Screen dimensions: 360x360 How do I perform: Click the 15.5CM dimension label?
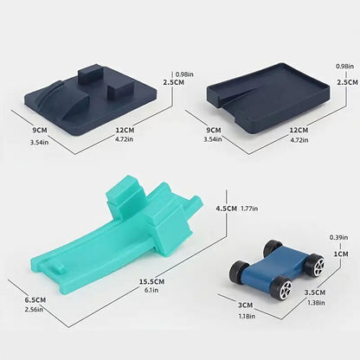[x=152, y=281]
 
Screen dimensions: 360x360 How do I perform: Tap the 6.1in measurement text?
[x=151, y=290]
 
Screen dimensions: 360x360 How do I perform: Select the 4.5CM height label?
[x=227, y=209]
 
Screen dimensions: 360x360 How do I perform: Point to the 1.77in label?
[x=249, y=209]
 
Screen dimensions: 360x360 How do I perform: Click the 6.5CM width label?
[x=35, y=300]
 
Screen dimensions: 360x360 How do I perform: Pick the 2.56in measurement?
[x=34, y=310]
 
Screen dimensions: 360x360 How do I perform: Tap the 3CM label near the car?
[x=246, y=305]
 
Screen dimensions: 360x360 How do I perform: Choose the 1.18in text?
[x=247, y=316]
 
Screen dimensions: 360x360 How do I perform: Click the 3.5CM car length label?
[x=315, y=292]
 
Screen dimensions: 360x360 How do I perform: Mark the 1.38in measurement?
[x=316, y=303]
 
